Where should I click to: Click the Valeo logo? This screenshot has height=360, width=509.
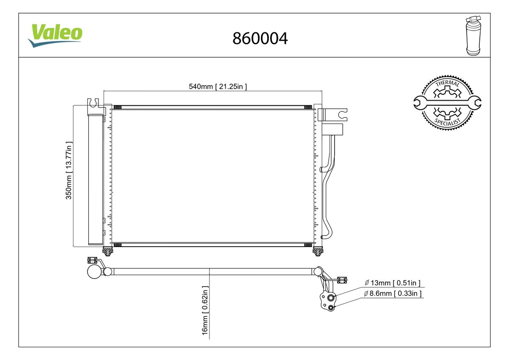click(x=55, y=36)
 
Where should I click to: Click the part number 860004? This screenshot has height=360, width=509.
click(x=260, y=38)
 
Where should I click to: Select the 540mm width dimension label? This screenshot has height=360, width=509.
click(x=218, y=87)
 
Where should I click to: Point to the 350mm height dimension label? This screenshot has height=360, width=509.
click(x=69, y=170)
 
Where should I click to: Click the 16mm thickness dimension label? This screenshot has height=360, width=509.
click(x=205, y=310)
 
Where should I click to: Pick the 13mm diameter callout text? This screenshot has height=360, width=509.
click(x=392, y=283)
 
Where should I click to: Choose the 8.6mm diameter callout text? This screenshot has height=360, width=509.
click(x=393, y=293)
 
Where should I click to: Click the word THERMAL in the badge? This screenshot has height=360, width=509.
click(x=447, y=84)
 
